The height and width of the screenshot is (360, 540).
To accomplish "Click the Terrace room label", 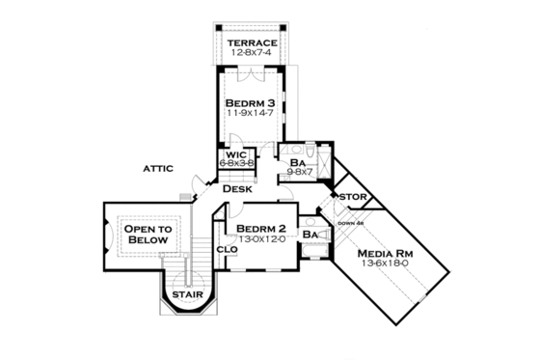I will point(252,43).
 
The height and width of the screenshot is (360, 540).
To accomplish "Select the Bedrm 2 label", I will point(260,228).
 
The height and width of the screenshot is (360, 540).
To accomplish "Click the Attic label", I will point(157,168).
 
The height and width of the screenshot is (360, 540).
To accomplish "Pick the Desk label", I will point(237,189).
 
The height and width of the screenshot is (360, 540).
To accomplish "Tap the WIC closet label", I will point(237,154).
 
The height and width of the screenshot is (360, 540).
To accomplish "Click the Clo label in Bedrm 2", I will point(228,249).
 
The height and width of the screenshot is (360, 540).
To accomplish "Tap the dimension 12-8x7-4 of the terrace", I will point(252,54).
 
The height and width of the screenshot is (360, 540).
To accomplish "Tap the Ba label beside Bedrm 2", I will point(310,235).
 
